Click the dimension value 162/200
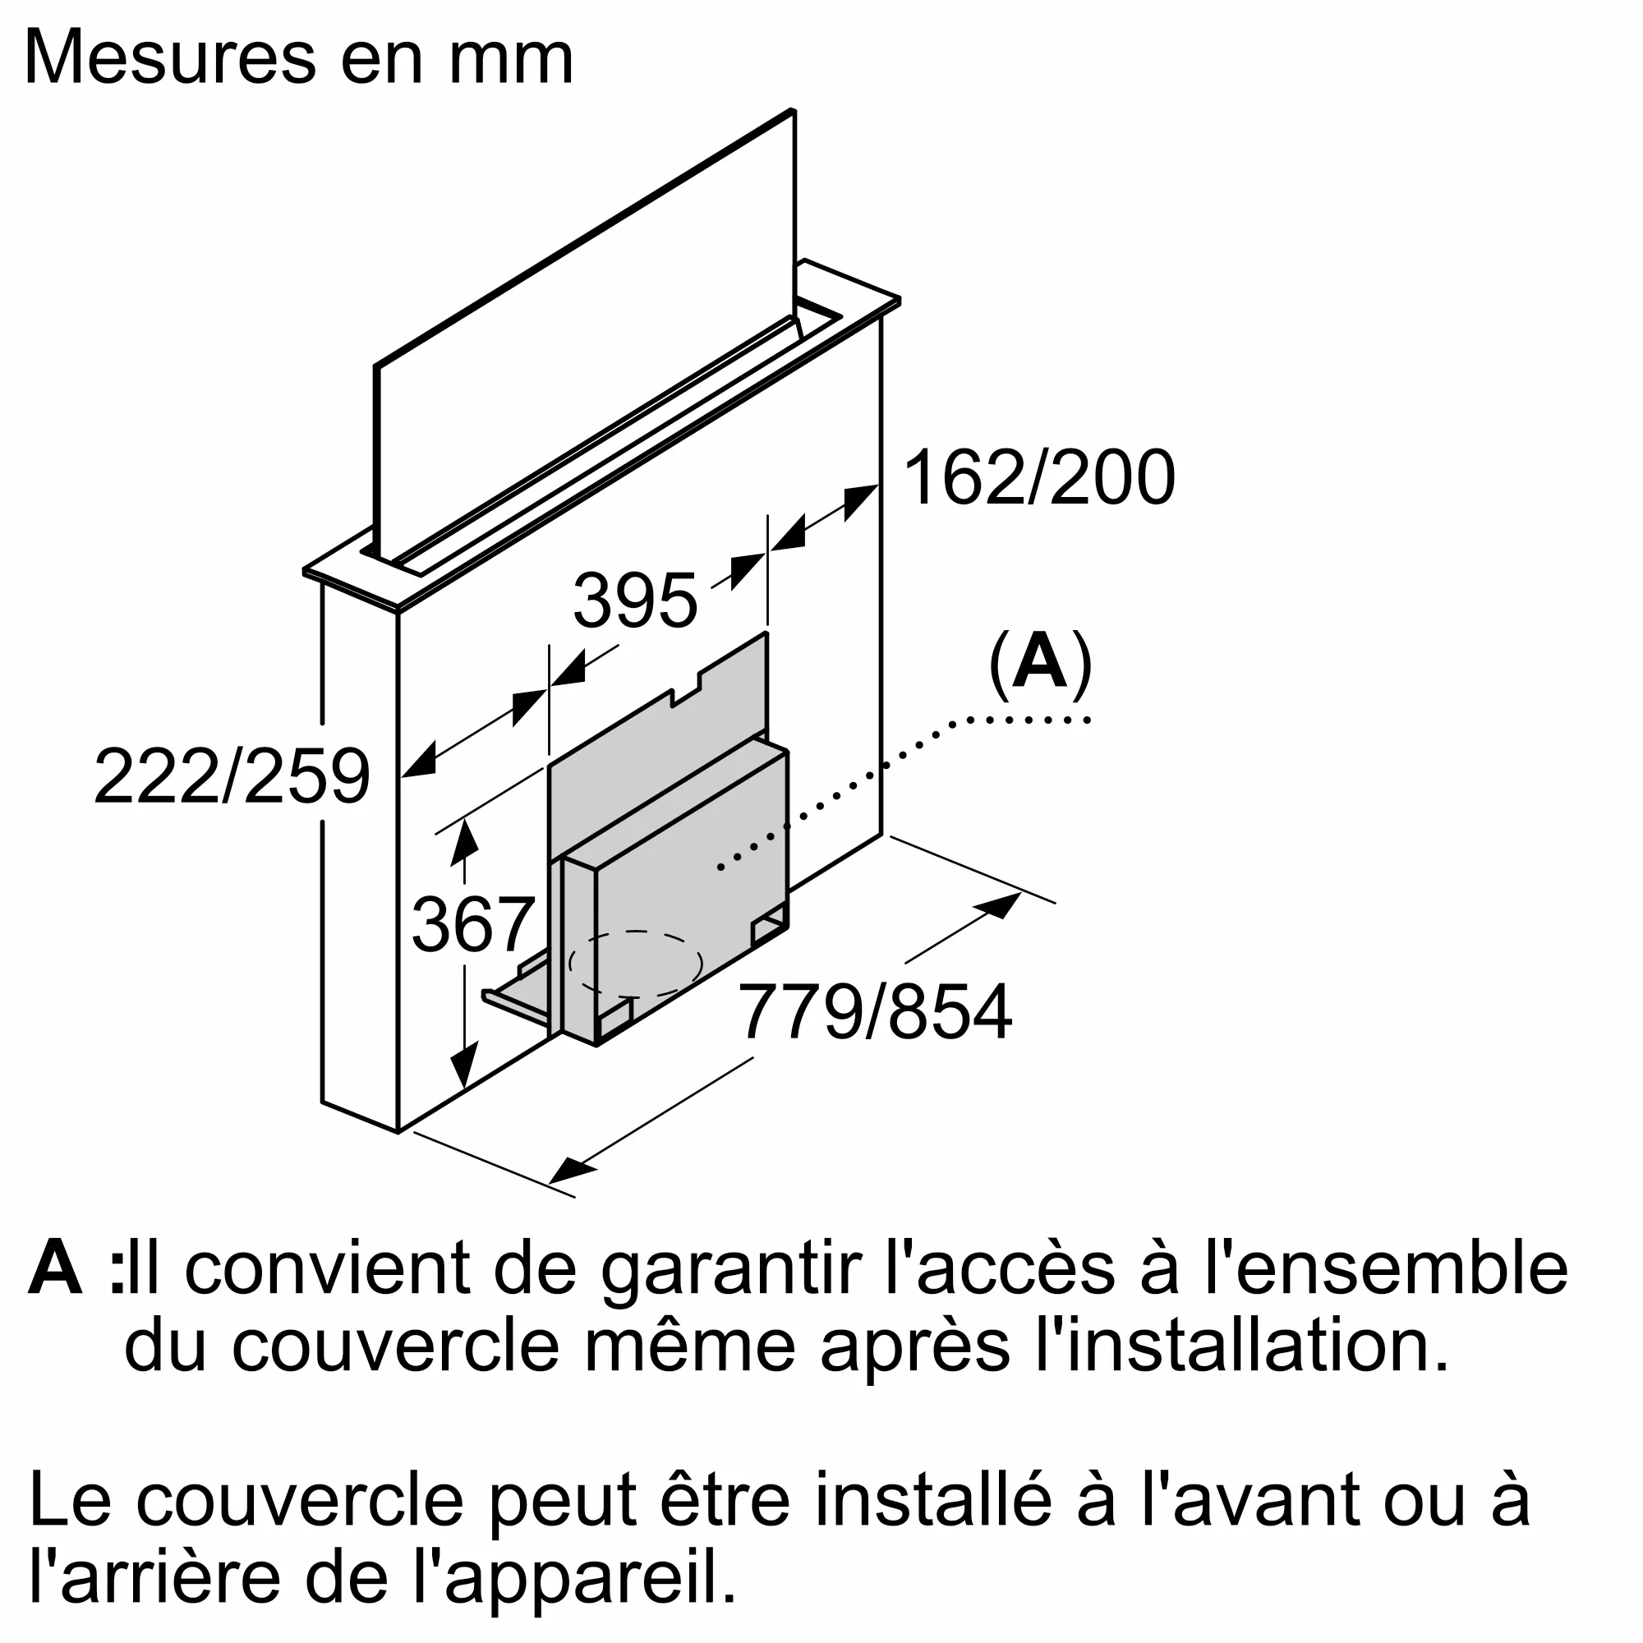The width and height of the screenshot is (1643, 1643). click(1038, 479)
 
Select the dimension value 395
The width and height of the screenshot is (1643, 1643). click(634, 601)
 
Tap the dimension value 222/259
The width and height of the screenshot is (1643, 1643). click(232, 775)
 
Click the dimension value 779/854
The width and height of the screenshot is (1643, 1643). click(875, 1012)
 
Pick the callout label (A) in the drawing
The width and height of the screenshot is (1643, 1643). click(1039, 664)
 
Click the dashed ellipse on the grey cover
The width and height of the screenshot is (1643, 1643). click(635, 964)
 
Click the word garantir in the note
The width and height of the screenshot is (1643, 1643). click(731, 1295)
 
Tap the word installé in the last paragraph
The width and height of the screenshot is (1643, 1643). click(932, 1524)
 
